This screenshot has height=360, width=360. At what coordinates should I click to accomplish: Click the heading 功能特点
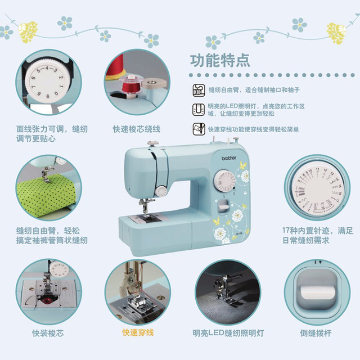[x=220, y=61]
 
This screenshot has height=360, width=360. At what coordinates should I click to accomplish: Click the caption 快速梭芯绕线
[x=136, y=129]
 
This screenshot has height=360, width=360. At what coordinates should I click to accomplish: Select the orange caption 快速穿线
[x=138, y=333]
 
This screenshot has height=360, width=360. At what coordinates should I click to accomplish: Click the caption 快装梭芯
[x=48, y=333]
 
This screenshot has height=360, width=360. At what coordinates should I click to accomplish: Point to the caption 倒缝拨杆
[x=316, y=333]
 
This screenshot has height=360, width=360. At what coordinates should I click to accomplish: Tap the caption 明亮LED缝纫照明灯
[x=227, y=333]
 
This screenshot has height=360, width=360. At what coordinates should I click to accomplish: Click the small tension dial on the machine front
[x=161, y=191]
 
